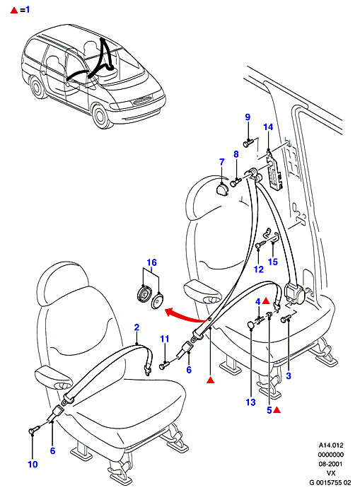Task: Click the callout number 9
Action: pos(248,117)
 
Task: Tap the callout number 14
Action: pos(268,127)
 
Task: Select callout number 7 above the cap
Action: pos(221,162)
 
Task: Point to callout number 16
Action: pos(151,262)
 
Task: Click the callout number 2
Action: pos(137,327)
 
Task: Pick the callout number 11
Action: pos(165,339)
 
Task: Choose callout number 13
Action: pos(250,402)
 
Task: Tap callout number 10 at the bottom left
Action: pos(33,465)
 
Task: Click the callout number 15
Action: pos(273,262)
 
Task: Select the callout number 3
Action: pos(289,375)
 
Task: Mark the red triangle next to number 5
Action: pos(277,410)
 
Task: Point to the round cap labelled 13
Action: pos(250,325)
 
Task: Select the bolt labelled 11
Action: pos(164,366)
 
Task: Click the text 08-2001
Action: pos(330,464)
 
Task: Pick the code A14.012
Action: pos(330,445)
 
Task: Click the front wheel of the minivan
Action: pos(102,116)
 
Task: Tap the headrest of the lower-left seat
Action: pos(62,279)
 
